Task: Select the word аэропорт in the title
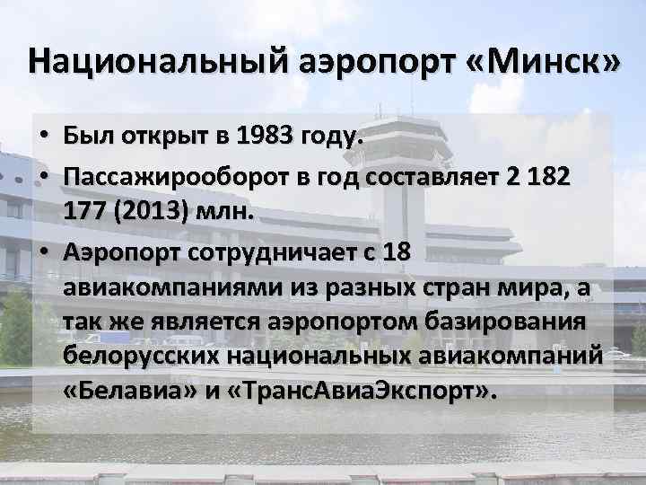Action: click(x=370, y=61)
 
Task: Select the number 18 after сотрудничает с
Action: click(x=396, y=254)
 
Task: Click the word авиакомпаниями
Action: click(x=173, y=289)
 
